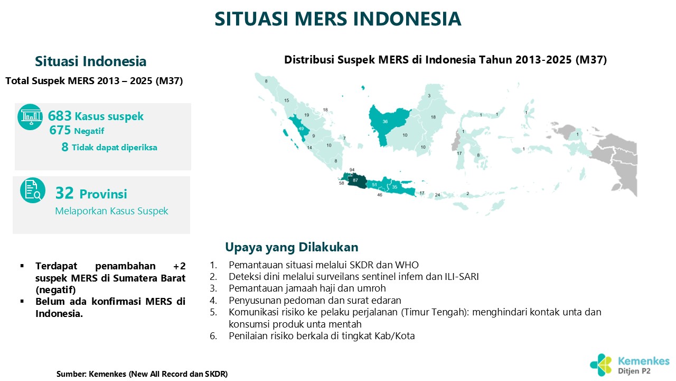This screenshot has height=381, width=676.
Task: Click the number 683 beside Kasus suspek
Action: [60, 116]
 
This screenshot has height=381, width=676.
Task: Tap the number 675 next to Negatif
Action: [60, 130]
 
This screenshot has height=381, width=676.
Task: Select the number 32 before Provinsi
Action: [64, 193]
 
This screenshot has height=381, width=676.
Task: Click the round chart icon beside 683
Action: [30, 117]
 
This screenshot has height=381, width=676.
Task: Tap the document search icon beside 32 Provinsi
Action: [33, 190]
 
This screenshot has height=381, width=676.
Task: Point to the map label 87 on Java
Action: [355, 180]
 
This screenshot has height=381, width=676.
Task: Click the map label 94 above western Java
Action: [352, 170]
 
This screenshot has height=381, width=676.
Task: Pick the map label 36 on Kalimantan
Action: [385, 122]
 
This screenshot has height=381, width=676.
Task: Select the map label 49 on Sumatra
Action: [301, 129]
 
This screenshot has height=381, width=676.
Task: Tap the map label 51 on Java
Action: [374, 185]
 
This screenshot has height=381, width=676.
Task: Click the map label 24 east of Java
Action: [437, 195]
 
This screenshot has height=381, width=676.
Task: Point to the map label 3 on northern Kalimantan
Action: [429, 96]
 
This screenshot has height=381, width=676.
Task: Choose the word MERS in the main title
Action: [321, 19]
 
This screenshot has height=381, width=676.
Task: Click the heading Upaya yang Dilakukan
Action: [292, 247]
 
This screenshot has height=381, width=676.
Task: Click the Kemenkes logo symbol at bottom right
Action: [600, 365]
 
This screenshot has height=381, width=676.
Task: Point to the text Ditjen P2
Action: [634, 371]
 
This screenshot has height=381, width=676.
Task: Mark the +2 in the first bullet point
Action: [179, 266]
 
